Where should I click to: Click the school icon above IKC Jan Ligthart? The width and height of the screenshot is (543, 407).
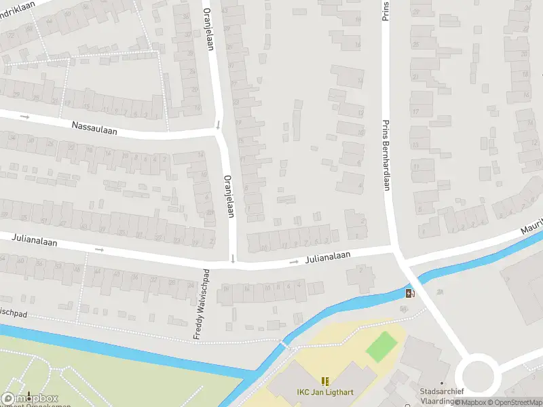point(324,381)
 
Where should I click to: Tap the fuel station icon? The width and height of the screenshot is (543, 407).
point(409,293)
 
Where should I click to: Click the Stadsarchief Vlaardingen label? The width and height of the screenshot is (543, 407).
point(442,395)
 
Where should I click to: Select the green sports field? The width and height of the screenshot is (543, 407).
point(381,346)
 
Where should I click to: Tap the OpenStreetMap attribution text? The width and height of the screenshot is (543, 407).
point(513,402)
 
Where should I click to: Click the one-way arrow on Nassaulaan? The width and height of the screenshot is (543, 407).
point(25,117)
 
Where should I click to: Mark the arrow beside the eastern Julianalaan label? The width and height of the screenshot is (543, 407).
point(294,261)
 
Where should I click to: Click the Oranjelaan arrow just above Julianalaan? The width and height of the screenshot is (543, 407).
point(233,258)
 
